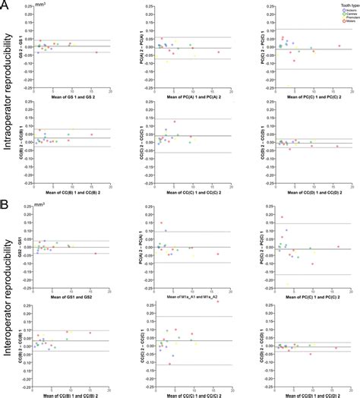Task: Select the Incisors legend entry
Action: pos(341,9)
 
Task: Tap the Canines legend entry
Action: pos(341,14)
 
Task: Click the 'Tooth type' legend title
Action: pos(341,5)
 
